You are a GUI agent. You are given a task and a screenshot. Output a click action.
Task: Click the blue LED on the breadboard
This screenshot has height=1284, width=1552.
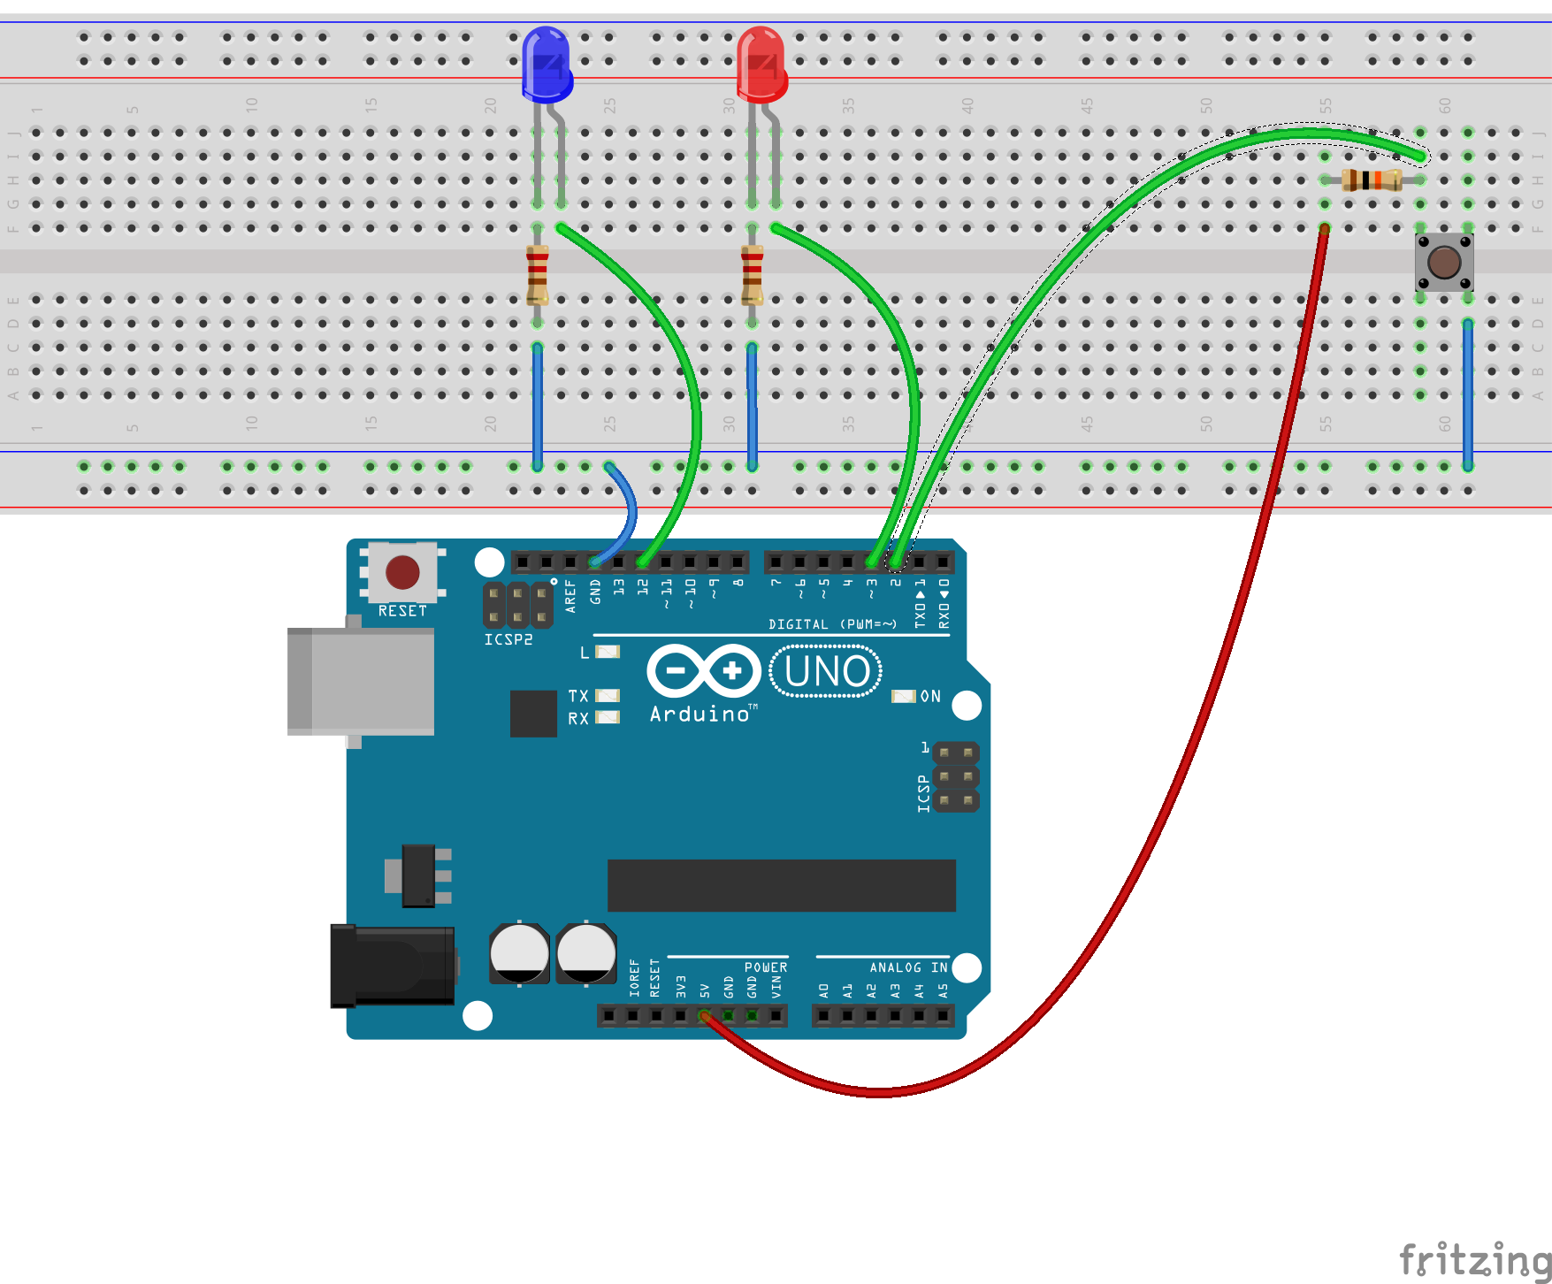(x=547, y=64)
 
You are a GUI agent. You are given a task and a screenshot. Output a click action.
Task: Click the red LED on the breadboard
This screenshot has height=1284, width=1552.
(x=761, y=64)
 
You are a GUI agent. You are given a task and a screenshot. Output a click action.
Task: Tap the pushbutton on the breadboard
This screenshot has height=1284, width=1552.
(x=1444, y=262)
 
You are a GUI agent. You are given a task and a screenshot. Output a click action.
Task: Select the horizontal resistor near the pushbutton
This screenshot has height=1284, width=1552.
(x=1371, y=180)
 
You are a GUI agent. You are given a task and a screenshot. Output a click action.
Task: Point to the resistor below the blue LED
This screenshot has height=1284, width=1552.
(x=537, y=274)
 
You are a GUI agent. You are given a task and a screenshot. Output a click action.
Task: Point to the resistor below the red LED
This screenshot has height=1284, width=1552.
(x=752, y=274)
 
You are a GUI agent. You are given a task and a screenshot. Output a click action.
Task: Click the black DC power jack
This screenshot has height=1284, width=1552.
(x=394, y=966)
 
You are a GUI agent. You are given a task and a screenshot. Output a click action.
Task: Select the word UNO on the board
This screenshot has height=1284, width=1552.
(x=827, y=672)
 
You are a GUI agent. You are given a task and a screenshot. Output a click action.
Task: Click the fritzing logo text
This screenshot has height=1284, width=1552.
(x=1474, y=1259)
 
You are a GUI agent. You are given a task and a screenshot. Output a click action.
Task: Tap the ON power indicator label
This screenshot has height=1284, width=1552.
(x=930, y=697)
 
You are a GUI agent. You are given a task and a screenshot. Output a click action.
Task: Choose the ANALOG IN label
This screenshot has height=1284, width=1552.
(x=907, y=968)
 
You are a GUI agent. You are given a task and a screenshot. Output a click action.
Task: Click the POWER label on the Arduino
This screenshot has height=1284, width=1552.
(x=765, y=968)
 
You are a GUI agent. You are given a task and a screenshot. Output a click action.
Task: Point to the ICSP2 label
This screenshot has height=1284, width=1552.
(x=508, y=639)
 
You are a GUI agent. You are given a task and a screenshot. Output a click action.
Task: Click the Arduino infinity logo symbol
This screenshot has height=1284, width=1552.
(x=704, y=671)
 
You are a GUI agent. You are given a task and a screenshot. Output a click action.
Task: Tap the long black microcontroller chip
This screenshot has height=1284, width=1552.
(x=781, y=885)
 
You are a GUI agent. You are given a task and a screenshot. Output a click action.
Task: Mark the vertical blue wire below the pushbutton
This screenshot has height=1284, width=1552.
(x=1467, y=394)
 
